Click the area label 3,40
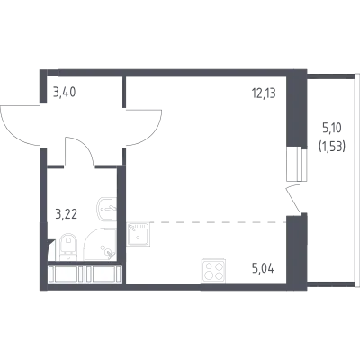pos(64,93)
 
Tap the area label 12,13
pos(264,93)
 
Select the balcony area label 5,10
pos(332,129)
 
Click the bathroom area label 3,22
pos(67,214)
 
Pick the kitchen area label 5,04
pos(263,268)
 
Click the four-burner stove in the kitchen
pos(213,270)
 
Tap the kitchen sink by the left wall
pos(138,234)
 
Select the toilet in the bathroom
pos(68,247)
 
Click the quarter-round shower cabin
pos(100,245)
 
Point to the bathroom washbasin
pos(107,209)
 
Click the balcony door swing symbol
pos(293,199)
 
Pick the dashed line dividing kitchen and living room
pos(218,222)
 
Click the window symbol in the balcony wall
pos(297,164)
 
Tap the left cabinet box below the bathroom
pos(66,274)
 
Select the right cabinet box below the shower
pos(103,274)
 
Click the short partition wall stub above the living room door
pos(124,92)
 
